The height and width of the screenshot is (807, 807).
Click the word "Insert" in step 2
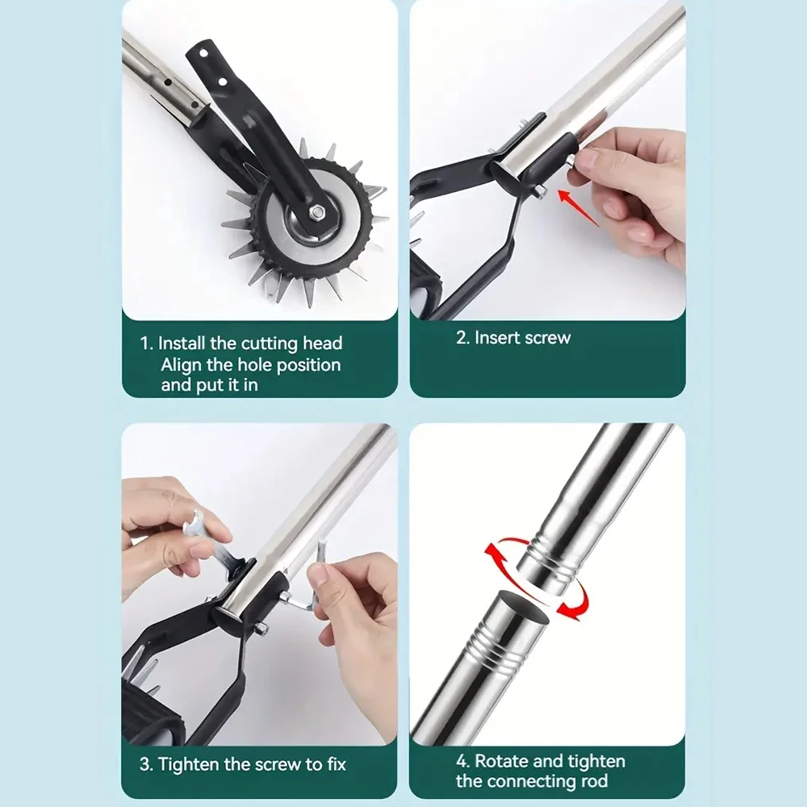(x=495, y=337)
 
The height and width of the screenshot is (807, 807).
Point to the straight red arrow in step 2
(x=578, y=208)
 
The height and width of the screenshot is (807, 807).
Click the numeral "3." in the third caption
(x=147, y=764)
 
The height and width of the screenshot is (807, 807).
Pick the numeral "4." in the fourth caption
(x=463, y=761)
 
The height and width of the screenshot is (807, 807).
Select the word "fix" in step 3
(x=337, y=764)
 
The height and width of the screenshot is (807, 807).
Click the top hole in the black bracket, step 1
(x=204, y=52)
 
